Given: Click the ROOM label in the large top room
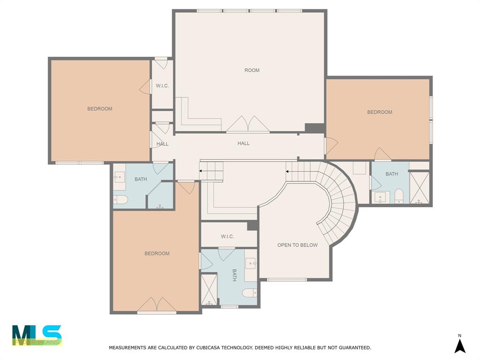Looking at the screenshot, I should (x=252, y=70).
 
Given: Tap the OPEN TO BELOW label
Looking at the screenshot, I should (x=297, y=245).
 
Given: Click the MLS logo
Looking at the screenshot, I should (x=37, y=335).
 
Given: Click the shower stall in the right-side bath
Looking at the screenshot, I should (x=419, y=188).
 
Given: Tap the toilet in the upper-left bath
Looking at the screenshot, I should (x=121, y=200).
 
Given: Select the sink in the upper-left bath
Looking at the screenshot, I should (x=119, y=177).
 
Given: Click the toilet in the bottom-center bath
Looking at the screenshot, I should (x=250, y=293).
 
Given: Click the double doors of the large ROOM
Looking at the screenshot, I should (x=248, y=124).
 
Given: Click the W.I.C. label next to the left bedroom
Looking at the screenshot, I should (x=162, y=86).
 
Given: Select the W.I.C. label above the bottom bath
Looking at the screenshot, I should (x=227, y=237).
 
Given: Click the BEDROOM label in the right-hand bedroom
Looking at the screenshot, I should (x=379, y=112).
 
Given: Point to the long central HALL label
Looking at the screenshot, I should (x=243, y=143).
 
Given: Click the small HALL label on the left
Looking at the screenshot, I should (x=162, y=144).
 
